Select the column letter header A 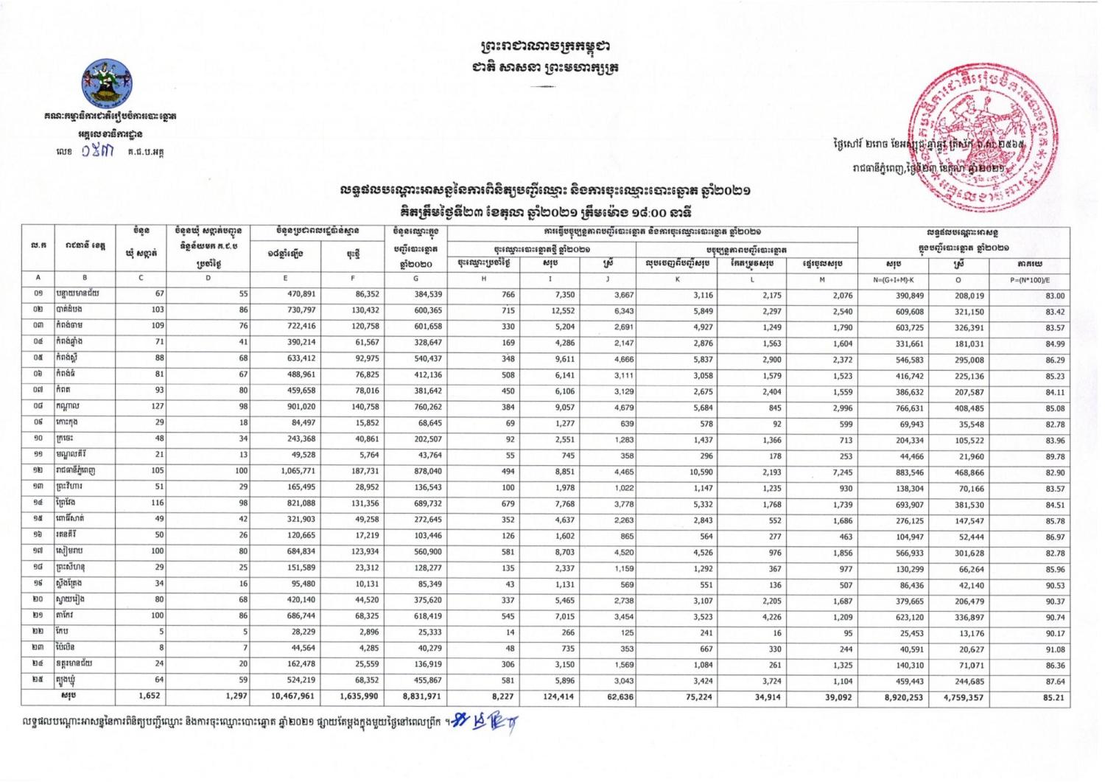38,279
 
